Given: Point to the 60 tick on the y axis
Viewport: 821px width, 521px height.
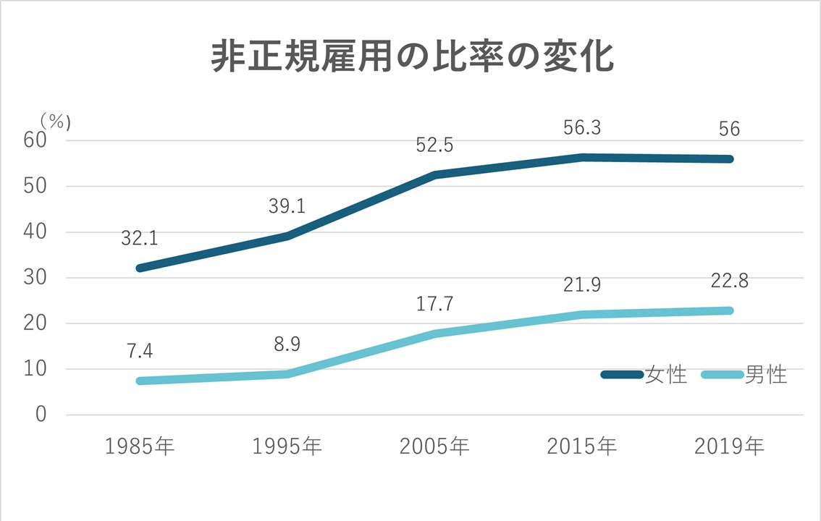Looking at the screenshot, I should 35,140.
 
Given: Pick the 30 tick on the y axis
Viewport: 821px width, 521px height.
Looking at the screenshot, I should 35,278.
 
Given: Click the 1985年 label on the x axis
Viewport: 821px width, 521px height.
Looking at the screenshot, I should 140,446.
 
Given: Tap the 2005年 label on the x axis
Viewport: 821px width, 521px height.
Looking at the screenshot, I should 434,446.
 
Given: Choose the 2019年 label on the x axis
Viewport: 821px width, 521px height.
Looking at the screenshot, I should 729,446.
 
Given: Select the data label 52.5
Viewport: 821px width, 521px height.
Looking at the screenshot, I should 434,145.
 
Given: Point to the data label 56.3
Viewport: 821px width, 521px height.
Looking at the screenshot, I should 582,127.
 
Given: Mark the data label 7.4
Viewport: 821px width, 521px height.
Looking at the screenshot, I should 140,351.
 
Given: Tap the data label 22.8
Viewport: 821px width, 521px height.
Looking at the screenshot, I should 729,281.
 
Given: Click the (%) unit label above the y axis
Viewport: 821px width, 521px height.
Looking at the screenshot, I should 55,120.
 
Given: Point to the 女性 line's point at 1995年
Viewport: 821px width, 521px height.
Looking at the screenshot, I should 287,236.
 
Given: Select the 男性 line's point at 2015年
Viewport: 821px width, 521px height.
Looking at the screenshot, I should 582,314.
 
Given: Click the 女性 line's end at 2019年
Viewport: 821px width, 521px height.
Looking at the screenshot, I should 729,158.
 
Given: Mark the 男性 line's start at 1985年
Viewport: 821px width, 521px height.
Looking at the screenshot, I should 140,381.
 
